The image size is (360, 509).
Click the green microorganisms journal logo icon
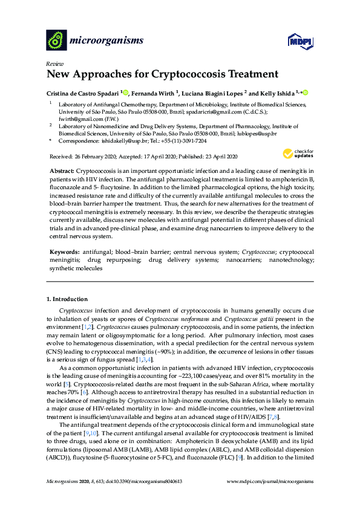56,40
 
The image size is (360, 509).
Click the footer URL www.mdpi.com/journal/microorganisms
270,481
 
